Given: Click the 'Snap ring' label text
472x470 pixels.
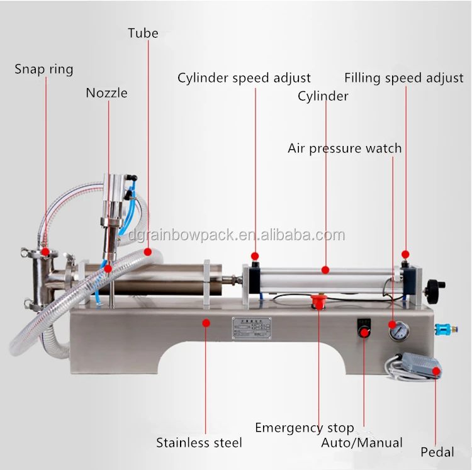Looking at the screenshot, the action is tap(44, 69).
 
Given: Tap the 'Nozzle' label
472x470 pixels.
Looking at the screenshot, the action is tap(107, 93).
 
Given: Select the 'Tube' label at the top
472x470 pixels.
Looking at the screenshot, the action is tap(143, 33).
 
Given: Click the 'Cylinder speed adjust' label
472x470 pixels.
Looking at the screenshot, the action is tap(244, 78).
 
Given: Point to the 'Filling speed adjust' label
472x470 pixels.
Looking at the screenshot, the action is tap(404, 78).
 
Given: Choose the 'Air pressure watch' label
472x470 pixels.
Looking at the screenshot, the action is tap(344, 148).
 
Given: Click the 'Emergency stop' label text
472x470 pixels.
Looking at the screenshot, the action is tap(304, 428).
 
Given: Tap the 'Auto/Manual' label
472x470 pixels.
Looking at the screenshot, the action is tap(362, 443).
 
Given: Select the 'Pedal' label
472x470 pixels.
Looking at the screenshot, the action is tap(437, 452).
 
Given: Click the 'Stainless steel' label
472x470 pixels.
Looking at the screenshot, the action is tap(199, 443).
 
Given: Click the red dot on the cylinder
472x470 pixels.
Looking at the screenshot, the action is tap(325, 270).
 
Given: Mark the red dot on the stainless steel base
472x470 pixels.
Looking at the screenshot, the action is tap(206, 322).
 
